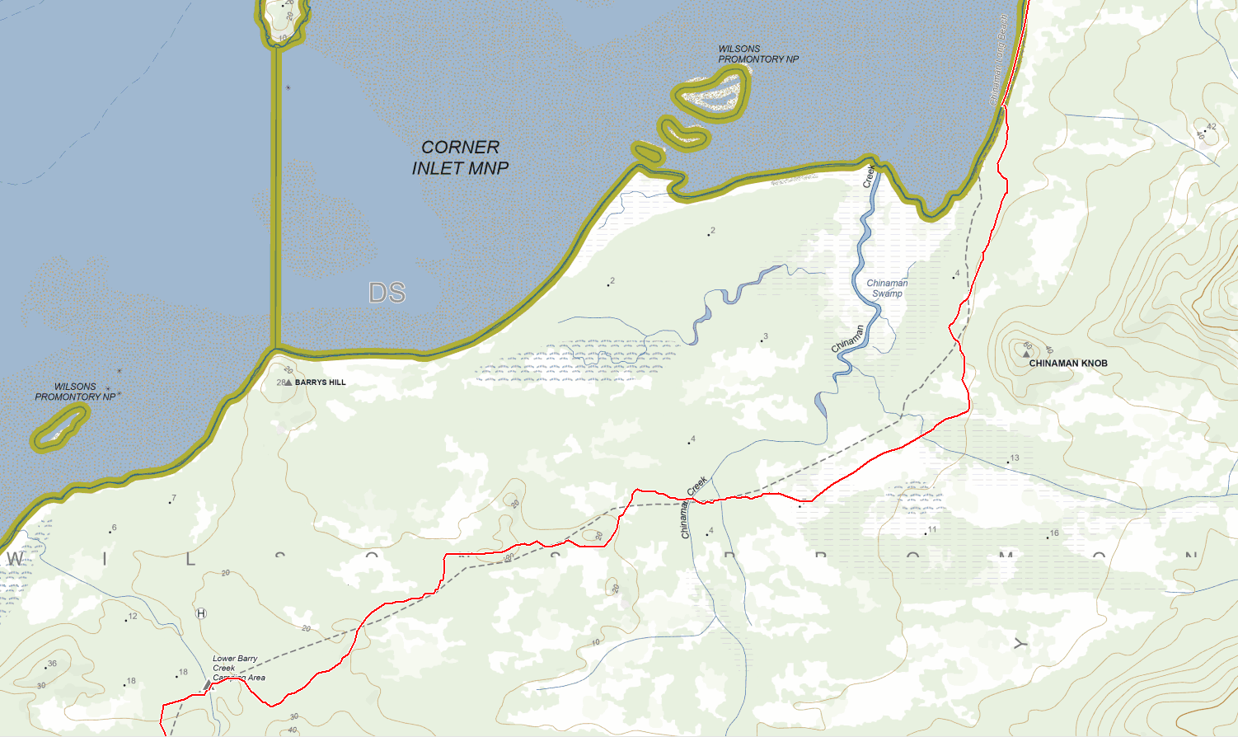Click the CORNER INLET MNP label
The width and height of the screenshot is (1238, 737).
[x=460, y=157]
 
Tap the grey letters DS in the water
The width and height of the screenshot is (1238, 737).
[x=387, y=293]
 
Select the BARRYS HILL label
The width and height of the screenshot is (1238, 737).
[x=321, y=383]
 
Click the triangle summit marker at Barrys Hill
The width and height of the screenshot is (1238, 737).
[x=288, y=383]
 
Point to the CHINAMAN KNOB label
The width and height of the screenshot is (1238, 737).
[x=1068, y=364]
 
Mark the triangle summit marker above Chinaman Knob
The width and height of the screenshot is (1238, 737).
[x=1026, y=354]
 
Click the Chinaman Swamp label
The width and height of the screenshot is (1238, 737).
[x=887, y=289]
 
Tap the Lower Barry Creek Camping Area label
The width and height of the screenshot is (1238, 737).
[x=237, y=668]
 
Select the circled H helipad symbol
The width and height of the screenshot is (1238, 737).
[x=201, y=613]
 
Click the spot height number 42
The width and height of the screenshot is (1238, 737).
[x=1211, y=127]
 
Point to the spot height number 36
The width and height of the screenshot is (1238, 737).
[x=52, y=664]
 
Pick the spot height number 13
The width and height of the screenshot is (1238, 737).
[x=1015, y=458]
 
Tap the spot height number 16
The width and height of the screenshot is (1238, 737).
[x=1054, y=533]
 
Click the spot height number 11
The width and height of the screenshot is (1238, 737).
[x=932, y=530]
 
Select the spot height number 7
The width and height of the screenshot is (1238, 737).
[x=174, y=499]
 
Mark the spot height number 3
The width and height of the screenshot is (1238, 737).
[x=766, y=336]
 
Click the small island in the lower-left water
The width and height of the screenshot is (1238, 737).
[x=59, y=427]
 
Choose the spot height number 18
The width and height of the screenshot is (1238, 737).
[x=183, y=673]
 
